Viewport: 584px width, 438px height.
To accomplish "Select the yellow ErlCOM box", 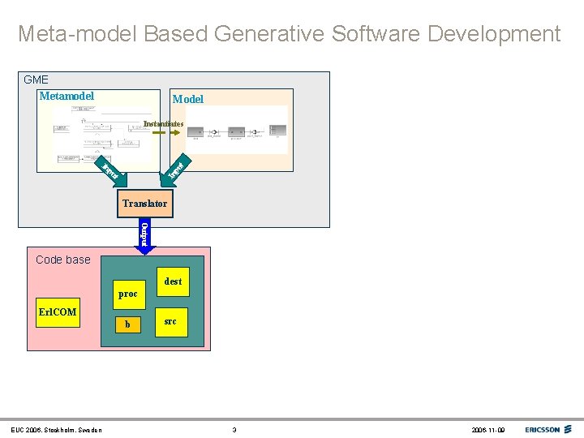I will tap(58, 312).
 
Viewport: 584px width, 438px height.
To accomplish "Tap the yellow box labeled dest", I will tap(173, 282).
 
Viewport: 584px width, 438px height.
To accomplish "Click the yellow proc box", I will tap(127, 294).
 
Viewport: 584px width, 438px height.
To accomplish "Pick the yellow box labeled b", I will tap(127, 324).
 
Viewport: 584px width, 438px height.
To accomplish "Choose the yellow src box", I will tap(170, 322).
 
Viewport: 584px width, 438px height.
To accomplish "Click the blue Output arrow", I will tap(144, 232).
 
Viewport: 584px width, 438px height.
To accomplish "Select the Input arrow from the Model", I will tap(178, 169).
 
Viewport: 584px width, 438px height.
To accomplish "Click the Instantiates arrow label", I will tap(163, 124).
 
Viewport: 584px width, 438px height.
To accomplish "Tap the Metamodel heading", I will tap(67, 97).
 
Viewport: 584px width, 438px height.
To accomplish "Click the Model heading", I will tap(187, 99).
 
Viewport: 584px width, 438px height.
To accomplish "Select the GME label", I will tap(36, 79).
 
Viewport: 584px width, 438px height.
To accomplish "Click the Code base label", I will tap(63, 260).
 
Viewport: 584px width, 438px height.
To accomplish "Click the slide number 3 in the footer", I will tap(234, 430).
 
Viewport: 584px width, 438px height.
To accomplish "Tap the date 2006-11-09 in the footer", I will tap(488, 430).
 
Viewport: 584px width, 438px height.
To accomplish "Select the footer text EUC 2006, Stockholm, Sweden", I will tap(56, 430).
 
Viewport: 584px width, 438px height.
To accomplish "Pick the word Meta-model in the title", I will tap(78, 34).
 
